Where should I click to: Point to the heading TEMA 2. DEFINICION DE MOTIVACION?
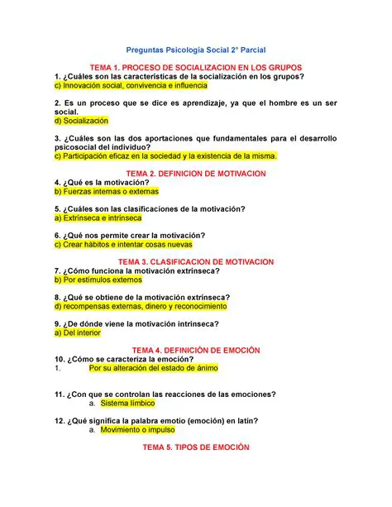pyautogui.click(x=195, y=175)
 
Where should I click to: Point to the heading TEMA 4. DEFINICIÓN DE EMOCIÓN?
pyautogui.click(x=196, y=350)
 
